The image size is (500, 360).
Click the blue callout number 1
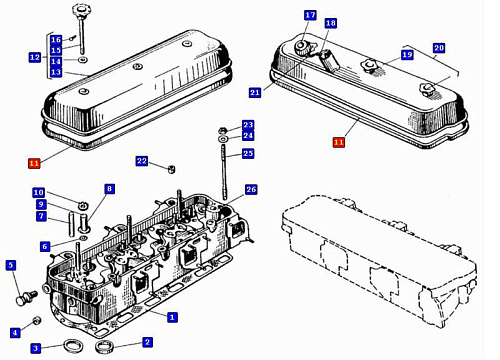coord(172,317)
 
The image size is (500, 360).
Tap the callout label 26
coord(251,190)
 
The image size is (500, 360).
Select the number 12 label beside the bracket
coord(35,57)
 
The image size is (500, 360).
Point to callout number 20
coord(439,48)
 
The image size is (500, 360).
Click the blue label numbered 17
coord(310,15)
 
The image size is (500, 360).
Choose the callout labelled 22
coord(142,161)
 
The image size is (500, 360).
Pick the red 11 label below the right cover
coord(339,142)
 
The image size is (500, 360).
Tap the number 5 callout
coord(11,265)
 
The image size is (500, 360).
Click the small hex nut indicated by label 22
coord(172,169)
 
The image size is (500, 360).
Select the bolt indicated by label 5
coord(27,298)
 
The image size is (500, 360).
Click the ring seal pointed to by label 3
coord(71,346)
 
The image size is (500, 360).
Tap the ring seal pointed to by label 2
coord(104,346)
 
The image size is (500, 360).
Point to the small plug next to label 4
coord(37,321)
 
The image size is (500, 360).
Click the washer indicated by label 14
coord(82,60)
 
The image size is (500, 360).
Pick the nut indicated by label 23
coord(223,130)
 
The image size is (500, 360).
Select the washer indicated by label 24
coord(223,138)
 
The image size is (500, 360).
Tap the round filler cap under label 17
coord(302,47)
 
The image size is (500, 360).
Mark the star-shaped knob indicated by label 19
coord(369,65)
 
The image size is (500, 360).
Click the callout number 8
coord(109,189)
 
